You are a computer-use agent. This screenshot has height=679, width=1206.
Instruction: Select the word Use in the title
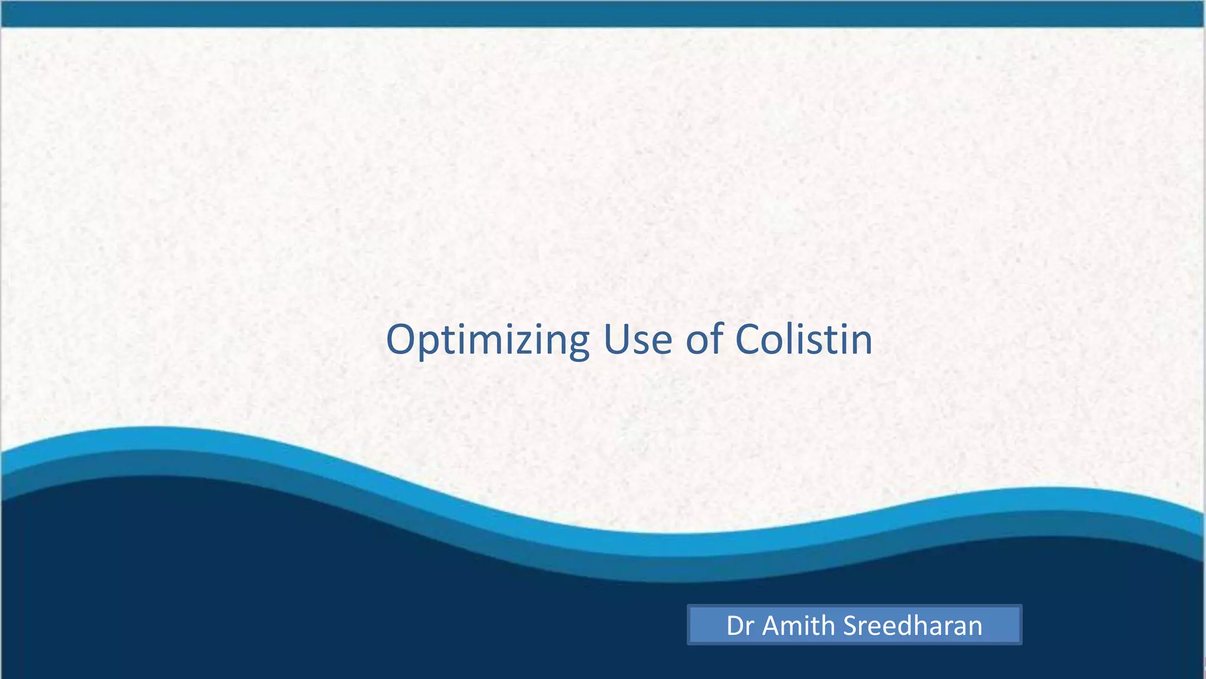(x=638, y=340)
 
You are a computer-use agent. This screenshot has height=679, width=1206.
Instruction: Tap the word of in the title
(x=705, y=340)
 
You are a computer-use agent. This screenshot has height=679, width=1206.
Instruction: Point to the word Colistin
(x=804, y=340)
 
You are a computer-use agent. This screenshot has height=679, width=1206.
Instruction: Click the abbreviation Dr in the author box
(x=740, y=626)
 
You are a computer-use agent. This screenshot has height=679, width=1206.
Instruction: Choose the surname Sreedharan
(x=913, y=626)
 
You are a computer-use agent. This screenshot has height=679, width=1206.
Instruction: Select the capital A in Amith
(x=773, y=626)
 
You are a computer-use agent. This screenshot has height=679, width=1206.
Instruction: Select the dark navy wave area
(x=294, y=589)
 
